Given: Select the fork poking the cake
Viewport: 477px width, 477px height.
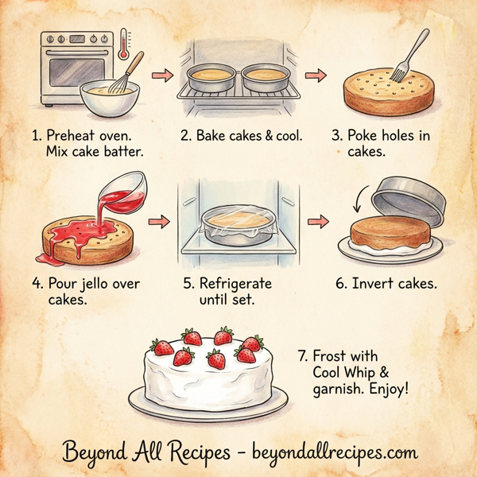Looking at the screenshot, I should tap(411, 51).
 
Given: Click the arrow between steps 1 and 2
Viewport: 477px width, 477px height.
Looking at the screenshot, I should tap(161, 76).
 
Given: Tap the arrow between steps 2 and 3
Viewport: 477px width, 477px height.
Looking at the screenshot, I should tap(316, 76).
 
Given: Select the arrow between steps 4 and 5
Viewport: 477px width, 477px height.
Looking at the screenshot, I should tap(161, 219).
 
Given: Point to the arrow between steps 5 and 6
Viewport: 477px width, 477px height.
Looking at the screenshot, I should tap(316, 219).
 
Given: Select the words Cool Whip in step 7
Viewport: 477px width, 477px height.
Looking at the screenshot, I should tap(335, 373).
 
